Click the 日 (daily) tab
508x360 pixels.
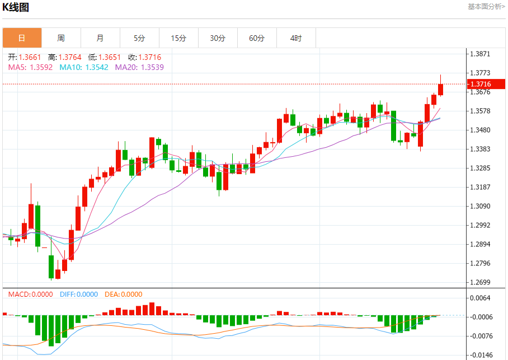[x=22, y=38]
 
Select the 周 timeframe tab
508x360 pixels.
[x=61, y=38]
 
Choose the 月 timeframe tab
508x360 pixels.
[x=100, y=38]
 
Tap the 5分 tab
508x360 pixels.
[x=139, y=38]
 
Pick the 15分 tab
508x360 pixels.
[x=178, y=38]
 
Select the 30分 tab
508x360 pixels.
[x=218, y=38]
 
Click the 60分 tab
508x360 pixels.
[x=257, y=38]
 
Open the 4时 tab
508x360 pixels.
[x=296, y=38]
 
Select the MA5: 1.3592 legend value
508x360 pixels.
[x=30, y=67]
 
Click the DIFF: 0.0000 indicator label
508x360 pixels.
[x=78, y=294]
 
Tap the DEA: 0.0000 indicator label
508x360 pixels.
[x=124, y=294]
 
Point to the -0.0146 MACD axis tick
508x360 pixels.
[x=481, y=355]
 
